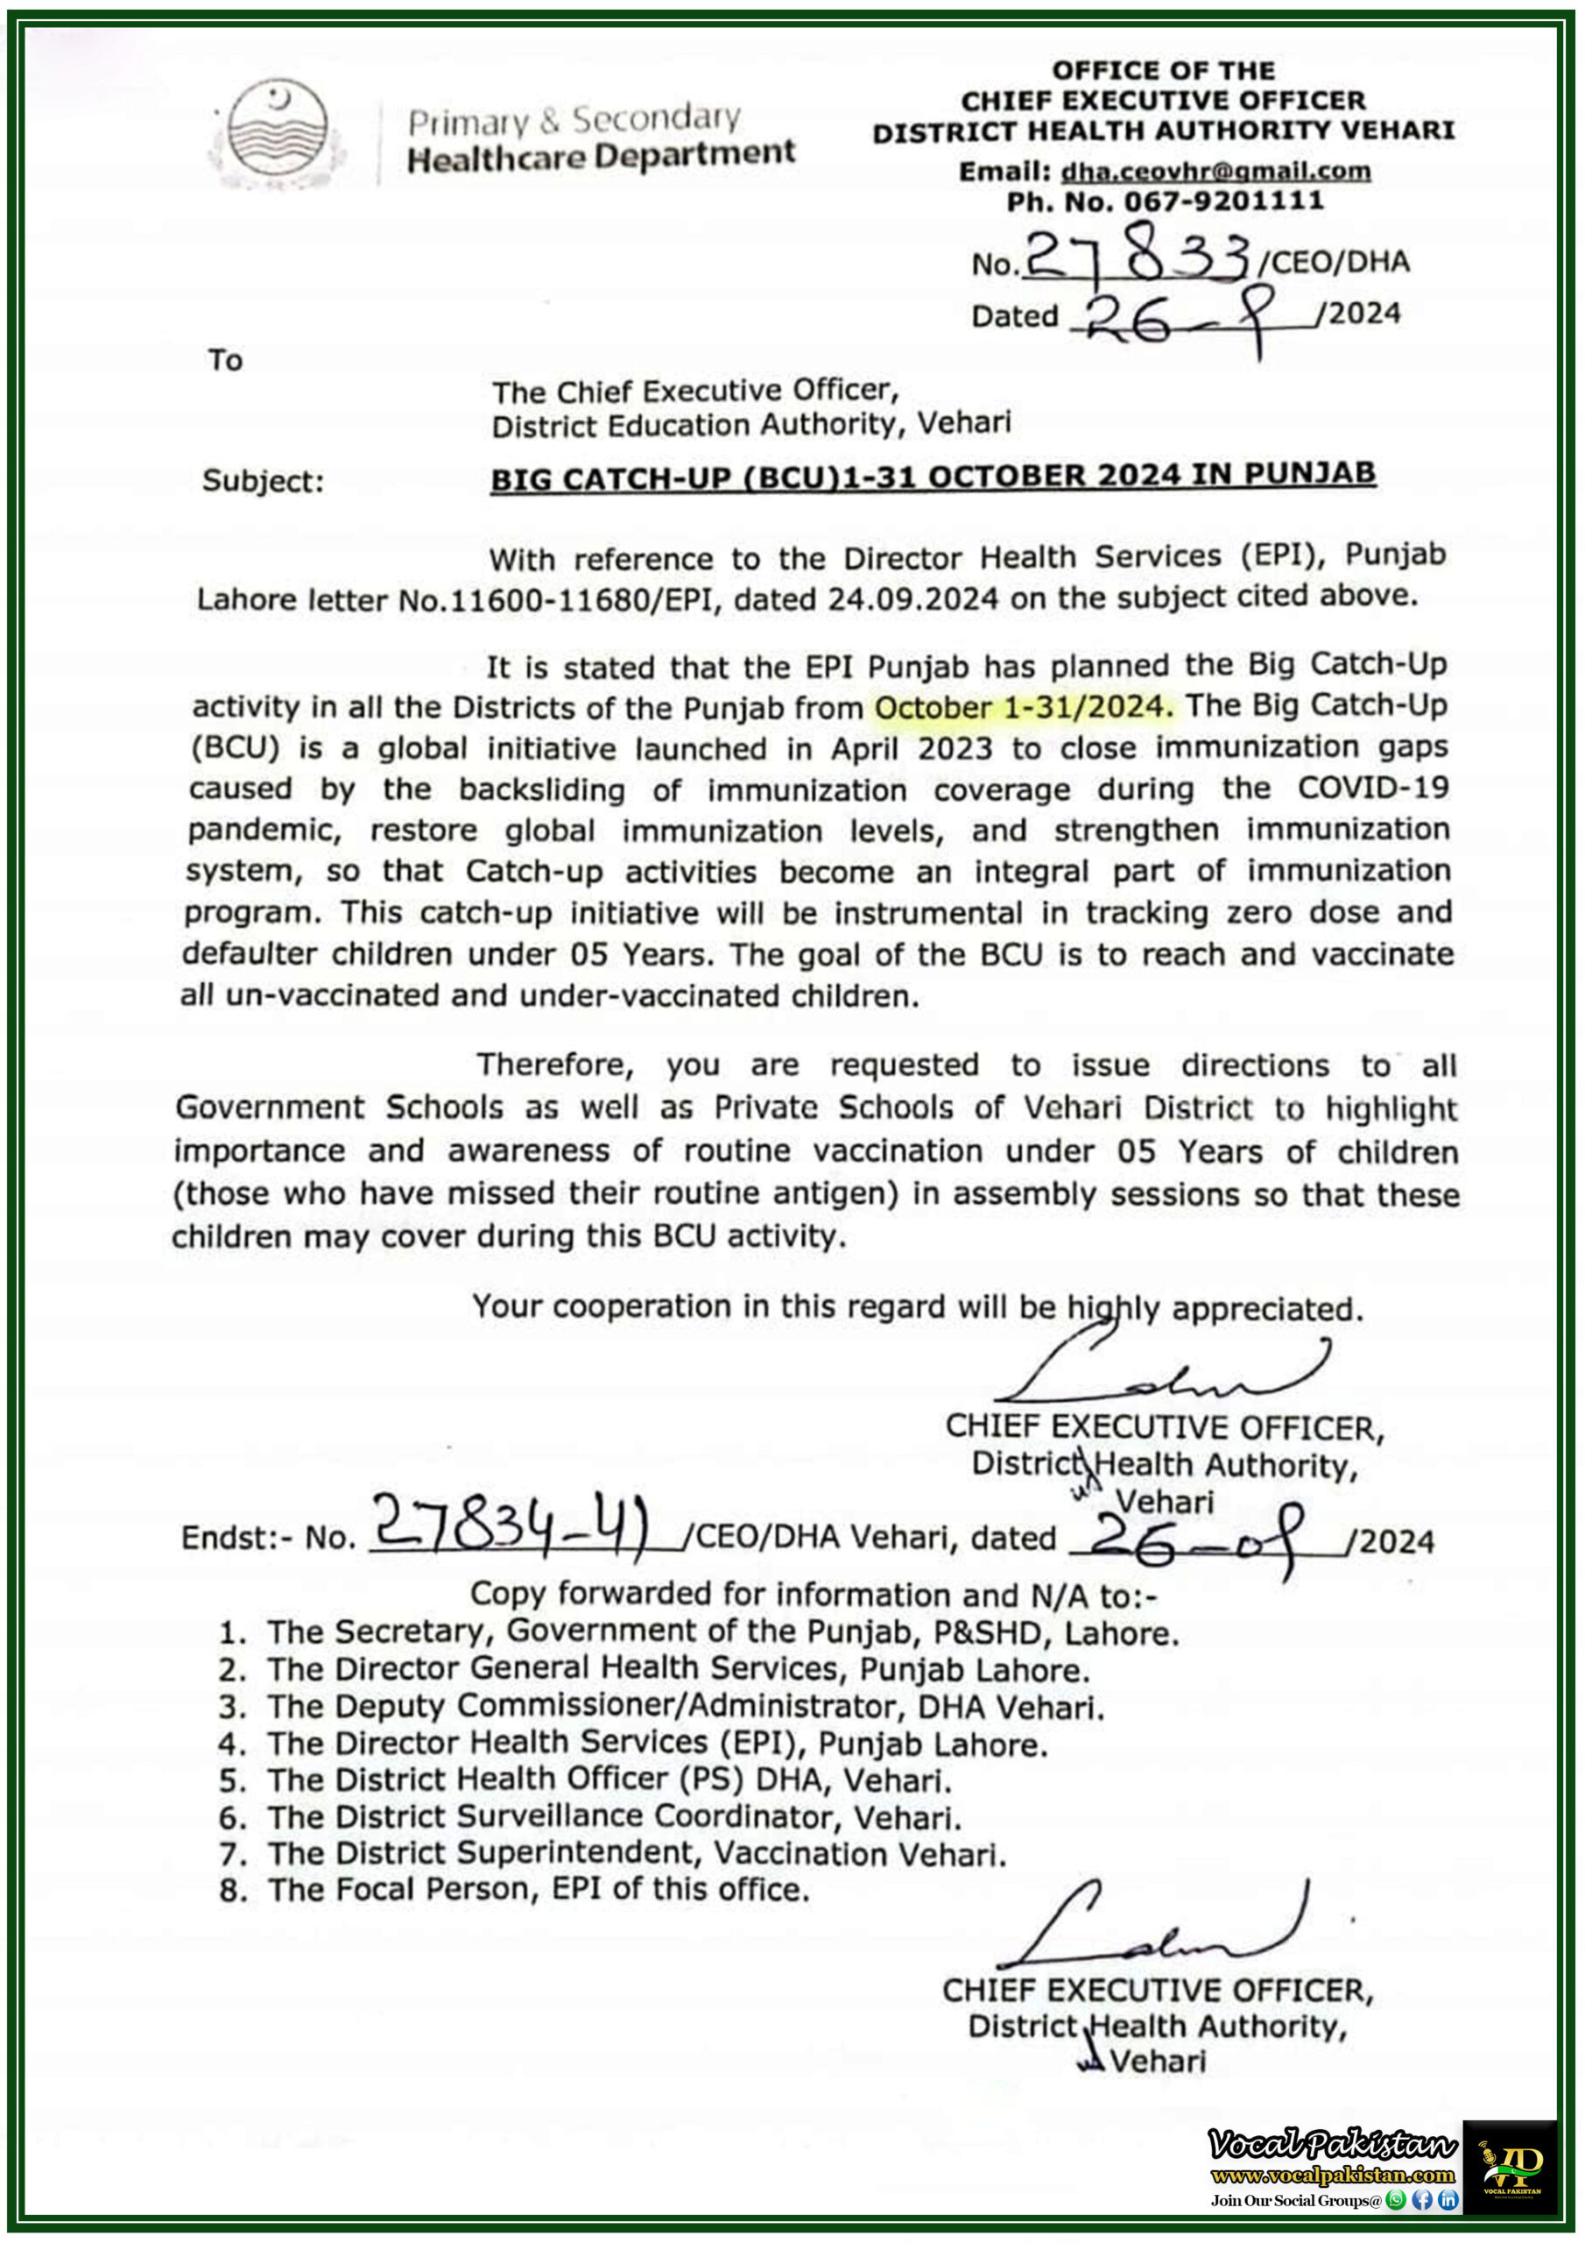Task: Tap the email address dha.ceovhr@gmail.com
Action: (x=1215, y=171)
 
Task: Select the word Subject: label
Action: (x=263, y=482)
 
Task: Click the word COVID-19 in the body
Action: (x=1372, y=788)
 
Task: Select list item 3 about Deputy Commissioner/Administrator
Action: (x=684, y=1707)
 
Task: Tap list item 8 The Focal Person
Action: (x=537, y=1889)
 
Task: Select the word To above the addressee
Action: (x=225, y=360)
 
